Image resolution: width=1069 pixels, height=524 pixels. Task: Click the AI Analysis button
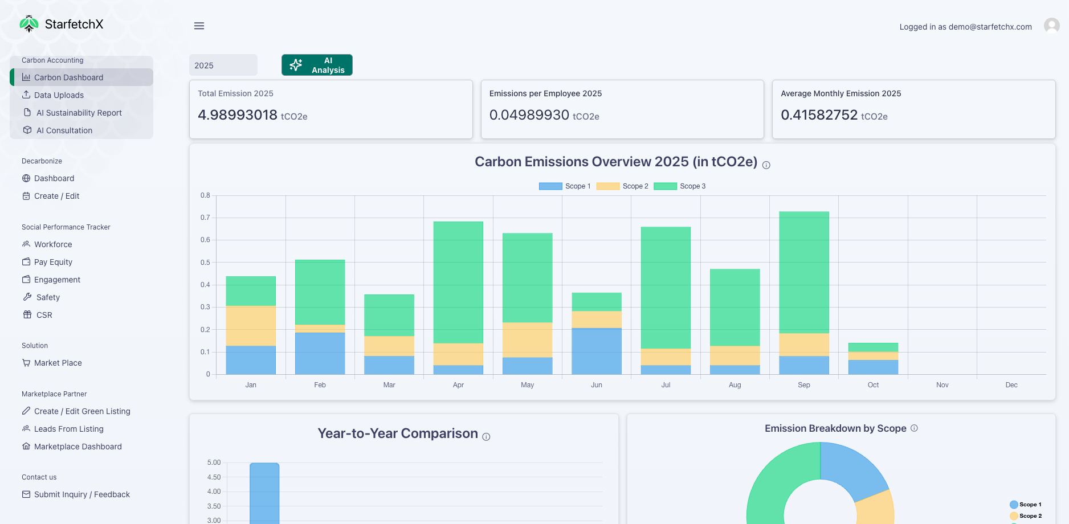click(317, 65)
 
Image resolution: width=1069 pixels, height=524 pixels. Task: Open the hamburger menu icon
click(199, 26)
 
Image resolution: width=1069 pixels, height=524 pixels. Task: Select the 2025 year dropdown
click(223, 65)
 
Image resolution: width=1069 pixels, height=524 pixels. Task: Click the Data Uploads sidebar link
click(59, 95)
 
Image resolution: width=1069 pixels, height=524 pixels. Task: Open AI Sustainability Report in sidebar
click(79, 113)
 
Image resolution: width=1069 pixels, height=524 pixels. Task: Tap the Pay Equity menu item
click(53, 262)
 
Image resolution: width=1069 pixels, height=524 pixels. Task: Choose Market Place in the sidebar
click(58, 363)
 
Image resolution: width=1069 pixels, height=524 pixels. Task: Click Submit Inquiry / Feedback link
click(81, 494)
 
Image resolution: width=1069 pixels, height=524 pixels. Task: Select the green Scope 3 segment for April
click(458, 282)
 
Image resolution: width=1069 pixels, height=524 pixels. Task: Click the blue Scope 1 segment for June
click(597, 351)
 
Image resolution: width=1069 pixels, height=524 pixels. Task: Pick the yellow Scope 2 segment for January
click(251, 326)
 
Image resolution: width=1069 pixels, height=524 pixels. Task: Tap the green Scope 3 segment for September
click(804, 272)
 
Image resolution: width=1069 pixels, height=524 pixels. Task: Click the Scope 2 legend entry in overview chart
click(622, 186)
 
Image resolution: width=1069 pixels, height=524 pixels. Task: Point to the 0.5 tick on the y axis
click(205, 263)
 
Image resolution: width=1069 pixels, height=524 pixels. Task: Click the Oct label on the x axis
click(873, 385)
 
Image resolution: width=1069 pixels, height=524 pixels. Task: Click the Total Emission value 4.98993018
click(238, 115)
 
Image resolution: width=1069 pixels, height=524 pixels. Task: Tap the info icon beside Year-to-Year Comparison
click(486, 437)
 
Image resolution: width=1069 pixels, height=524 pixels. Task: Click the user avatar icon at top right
click(1051, 26)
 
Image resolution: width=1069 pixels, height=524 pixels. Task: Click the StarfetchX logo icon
click(28, 24)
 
